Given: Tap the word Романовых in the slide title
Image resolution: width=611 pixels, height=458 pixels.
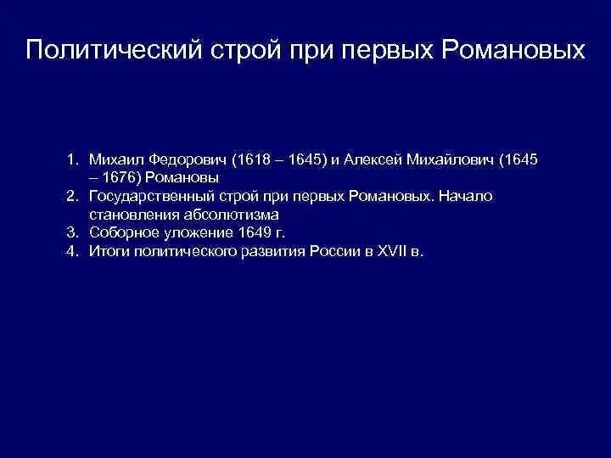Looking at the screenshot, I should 513,50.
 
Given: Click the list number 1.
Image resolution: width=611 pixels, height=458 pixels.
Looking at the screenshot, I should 74,159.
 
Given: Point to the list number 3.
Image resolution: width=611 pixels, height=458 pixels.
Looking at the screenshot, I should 74,233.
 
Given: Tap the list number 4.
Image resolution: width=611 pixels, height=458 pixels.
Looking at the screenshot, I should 74,252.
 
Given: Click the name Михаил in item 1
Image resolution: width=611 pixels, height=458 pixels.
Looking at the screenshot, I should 115,159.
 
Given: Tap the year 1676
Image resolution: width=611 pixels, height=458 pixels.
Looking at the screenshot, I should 122,178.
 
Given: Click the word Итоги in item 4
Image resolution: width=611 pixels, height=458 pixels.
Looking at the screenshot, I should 109,252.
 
